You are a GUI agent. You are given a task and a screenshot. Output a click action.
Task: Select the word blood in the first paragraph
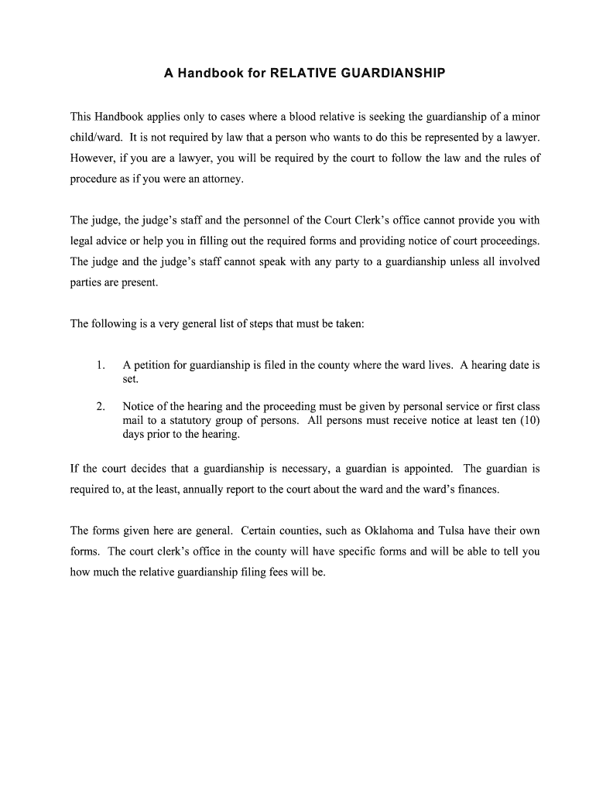pyautogui.click(x=309, y=117)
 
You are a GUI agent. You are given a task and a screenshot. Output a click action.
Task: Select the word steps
pyautogui.click(x=259, y=323)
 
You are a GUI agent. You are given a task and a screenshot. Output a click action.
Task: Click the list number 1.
pyautogui.click(x=101, y=365)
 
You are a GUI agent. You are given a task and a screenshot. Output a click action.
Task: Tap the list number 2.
pyautogui.click(x=101, y=407)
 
